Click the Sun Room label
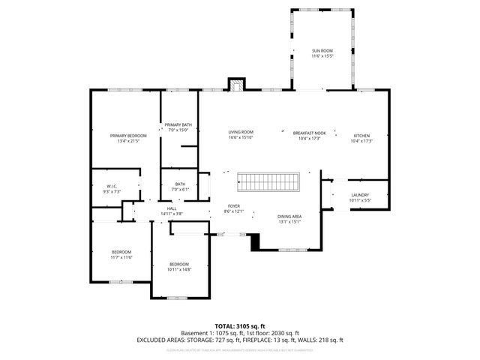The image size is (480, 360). coord(322,51)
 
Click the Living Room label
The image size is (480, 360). coord(241,132)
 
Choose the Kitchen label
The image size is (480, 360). coord(362,135)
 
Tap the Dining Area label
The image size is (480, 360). coord(289,216)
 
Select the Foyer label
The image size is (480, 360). coord(235,205)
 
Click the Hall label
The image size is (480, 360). coord(171,208)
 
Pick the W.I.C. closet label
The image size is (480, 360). coord(112,186)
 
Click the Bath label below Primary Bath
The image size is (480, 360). coord(180,184)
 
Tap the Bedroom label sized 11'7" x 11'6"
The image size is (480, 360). coord(121,251)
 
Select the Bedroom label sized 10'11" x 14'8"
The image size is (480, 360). coord(179,264)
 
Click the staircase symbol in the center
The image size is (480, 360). coord(268,181)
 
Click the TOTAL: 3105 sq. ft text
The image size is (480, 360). coord(239,325)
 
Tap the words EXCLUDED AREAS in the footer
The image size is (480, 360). coord(160,339)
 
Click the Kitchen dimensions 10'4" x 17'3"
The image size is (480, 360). coord(362,141)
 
